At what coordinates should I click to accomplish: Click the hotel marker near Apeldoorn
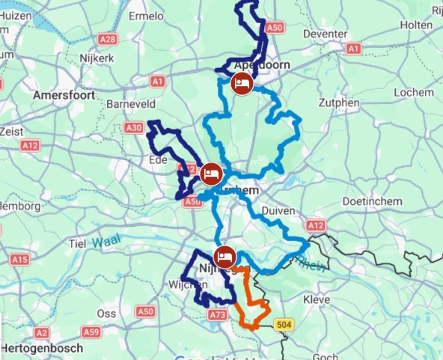[242, 83]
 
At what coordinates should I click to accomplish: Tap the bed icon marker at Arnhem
[212, 174]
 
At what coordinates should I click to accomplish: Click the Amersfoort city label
[62, 95]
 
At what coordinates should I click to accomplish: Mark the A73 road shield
[218, 315]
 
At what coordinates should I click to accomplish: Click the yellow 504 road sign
[283, 325]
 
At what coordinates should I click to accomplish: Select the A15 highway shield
[20, 260]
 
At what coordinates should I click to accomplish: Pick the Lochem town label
[416, 92]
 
